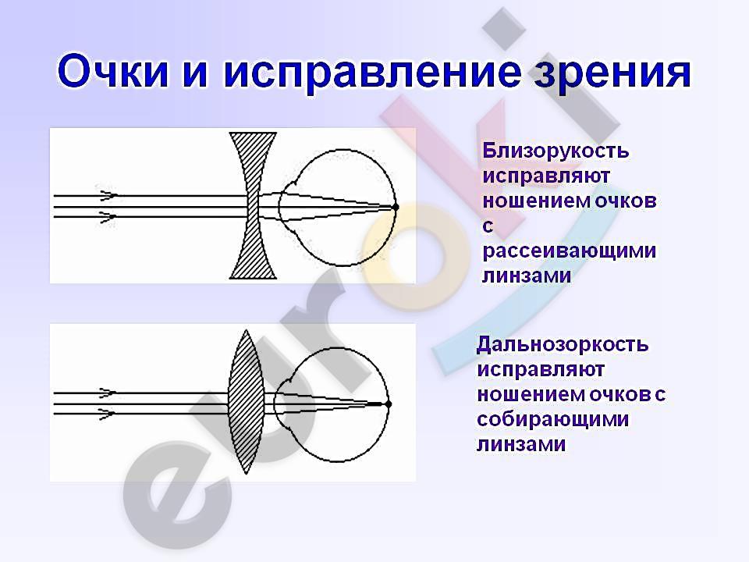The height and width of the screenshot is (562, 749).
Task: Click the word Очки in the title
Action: (112, 72)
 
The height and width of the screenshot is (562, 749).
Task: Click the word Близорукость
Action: (556, 151)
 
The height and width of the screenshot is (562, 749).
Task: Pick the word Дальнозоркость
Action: (563, 344)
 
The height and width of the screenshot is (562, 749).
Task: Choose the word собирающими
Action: (552, 419)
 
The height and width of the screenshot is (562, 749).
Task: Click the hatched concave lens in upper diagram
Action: (253, 205)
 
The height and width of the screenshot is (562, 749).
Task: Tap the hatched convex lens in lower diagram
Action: (246, 401)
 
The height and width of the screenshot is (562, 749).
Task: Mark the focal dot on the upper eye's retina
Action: (396, 207)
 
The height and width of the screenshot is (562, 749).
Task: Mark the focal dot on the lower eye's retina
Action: (389, 404)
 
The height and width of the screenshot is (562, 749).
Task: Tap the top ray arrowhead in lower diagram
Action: (108, 393)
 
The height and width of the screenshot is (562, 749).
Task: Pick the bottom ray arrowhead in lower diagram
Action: (108, 414)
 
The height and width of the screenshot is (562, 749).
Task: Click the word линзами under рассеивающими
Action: (527, 276)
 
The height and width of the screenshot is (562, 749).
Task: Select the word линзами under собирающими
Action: (521, 444)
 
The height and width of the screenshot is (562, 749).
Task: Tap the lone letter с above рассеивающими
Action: (488, 226)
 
